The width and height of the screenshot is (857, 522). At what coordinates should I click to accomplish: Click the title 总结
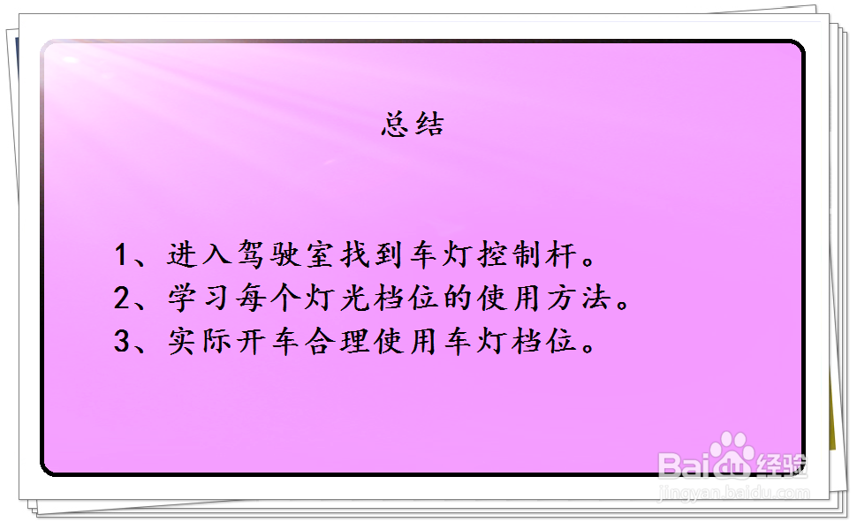coord(413,124)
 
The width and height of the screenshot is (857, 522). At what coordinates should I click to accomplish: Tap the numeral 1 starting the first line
coord(121,254)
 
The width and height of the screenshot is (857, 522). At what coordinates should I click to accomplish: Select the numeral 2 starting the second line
coord(122,298)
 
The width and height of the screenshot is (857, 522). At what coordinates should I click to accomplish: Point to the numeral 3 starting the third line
coord(122,341)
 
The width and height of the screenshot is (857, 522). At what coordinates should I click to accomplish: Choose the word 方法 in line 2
coord(579,298)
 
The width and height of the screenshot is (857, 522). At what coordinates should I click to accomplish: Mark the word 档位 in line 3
coord(544,341)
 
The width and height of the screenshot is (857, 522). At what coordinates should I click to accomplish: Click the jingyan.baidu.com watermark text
coord(734,493)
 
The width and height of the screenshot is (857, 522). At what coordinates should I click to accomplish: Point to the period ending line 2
coord(623,304)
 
